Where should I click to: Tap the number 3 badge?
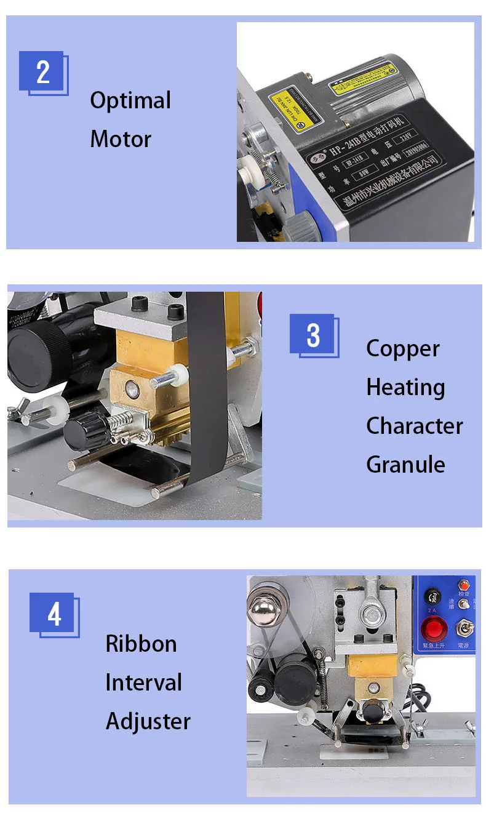[x=313, y=335]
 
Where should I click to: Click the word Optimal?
[x=130, y=101]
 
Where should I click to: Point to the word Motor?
[x=121, y=139]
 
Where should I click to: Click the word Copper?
[x=402, y=349]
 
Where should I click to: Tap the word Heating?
[x=405, y=388]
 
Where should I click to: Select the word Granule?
[x=405, y=464]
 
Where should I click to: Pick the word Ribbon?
[x=141, y=644]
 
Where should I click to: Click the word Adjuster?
[x=148, y=721]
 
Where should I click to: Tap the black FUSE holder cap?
[x=432, y=595]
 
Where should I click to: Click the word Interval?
[x=143, y=683]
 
